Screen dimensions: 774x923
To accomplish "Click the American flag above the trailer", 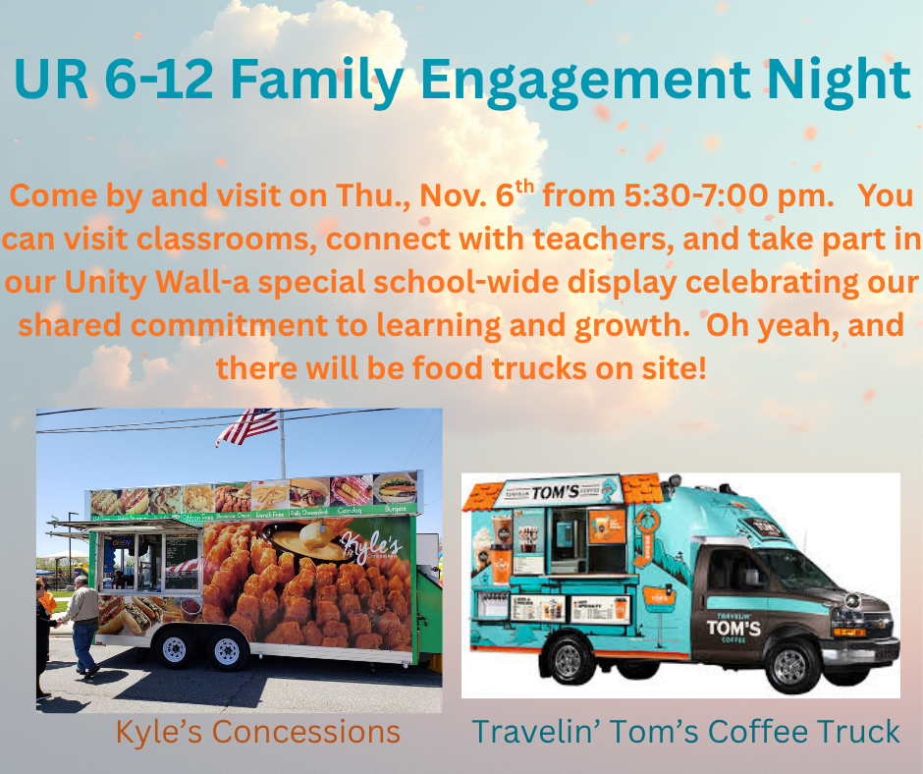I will coord(247,425).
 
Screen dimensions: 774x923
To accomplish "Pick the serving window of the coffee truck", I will coord(574,538).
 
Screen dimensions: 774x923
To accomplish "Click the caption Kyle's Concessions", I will coord(258,732).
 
